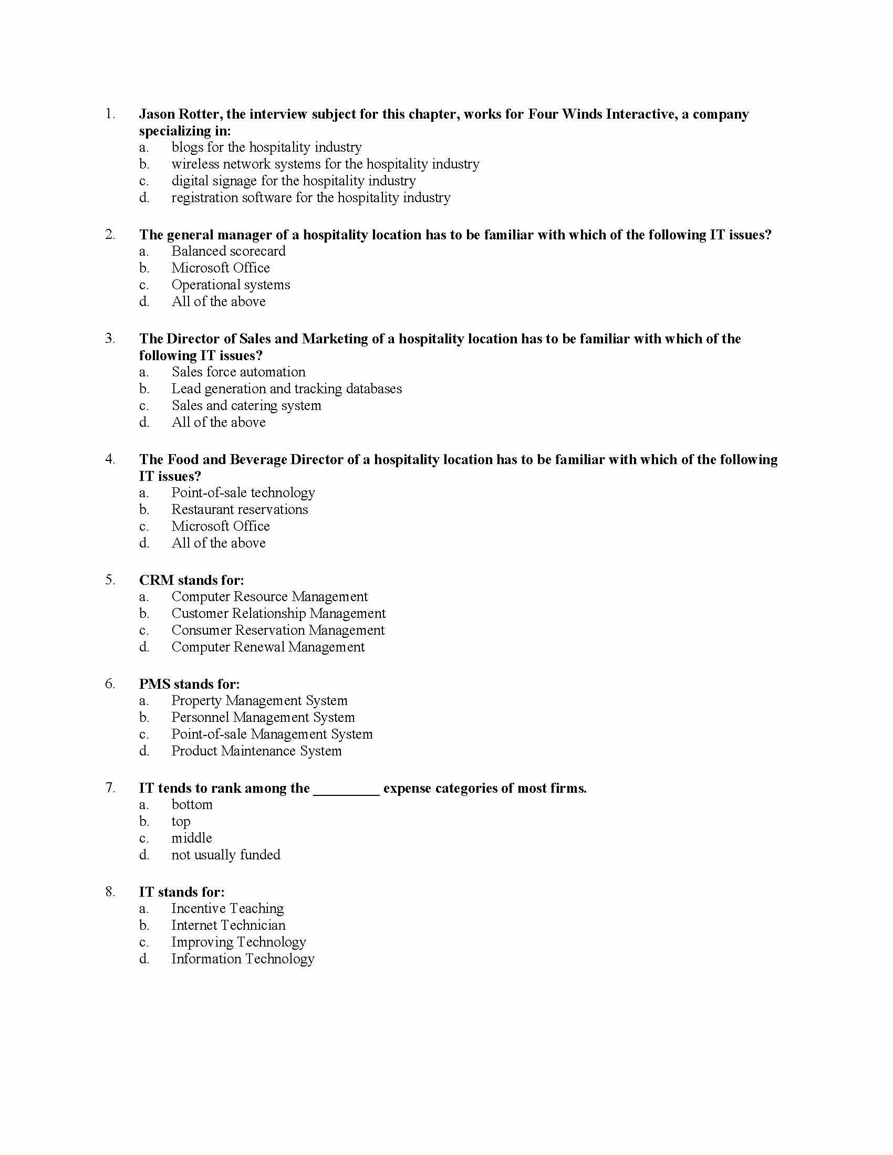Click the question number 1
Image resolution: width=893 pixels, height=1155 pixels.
[x=110, y=114]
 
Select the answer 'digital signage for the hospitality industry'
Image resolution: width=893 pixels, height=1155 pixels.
[x=293, y=181]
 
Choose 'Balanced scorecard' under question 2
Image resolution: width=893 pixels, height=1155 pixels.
[x=228, y=251]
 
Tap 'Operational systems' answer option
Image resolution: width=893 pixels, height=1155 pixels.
[x=231, y=285]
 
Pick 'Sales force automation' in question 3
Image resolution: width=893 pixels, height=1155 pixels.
[x=238, y=372]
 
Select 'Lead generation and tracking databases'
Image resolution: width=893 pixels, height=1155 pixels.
[x=286, y=388]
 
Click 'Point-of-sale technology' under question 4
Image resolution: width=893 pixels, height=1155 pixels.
[x=243, y=493]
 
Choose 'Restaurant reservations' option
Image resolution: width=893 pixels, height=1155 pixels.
[x=239, y=509]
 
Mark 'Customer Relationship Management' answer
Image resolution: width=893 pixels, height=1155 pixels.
[x=278, y=613]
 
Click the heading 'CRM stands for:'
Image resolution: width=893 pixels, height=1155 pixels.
[x=192, y=580]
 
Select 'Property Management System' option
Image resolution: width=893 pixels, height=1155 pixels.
[x=259, y=701]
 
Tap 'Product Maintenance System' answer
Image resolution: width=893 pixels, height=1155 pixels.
[x=256, y=751]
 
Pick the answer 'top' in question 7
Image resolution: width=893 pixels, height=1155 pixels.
[x=180, y=821]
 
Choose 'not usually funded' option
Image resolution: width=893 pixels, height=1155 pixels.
[x=225, y=855]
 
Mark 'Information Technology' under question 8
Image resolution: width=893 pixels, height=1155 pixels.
[x=243, y=959]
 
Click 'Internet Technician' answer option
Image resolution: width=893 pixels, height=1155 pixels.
[x=228, y=925]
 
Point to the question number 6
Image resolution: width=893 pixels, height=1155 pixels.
[x=110, y=684]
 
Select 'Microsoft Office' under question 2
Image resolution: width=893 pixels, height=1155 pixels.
[x=220, y=268]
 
